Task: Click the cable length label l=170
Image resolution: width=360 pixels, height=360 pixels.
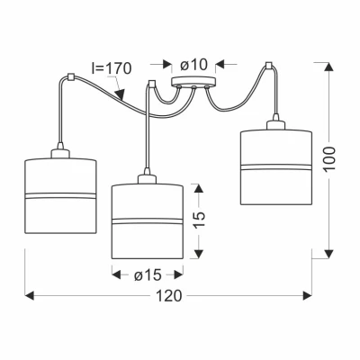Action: pyautogui.click(x=112, y=68)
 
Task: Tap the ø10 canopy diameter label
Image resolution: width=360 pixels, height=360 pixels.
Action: pyautogui.click(x=193, y=64)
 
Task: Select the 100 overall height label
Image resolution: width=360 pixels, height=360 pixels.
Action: pyautogui.click(x=329, y=159)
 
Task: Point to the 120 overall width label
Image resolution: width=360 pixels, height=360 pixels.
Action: pyautogui.click(x=169, y=296)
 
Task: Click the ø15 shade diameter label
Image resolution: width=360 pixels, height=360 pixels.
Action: pyautogui.click(x=148, y=274)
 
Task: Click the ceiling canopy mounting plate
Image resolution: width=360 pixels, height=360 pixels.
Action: pyautogui.click(x=193, y=82)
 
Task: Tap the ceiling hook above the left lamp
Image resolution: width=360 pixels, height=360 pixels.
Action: pyautogui.click(x=71, y=76)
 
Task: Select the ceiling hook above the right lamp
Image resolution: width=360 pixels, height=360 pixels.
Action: pyautogui.click(x=268, y=66)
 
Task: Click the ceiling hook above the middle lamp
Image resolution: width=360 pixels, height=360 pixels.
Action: pyautogui.click(x=152, y=83)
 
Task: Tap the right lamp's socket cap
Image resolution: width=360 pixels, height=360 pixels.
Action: pyautogui.click(x=275, y=124)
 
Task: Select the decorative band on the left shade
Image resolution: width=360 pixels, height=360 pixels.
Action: pyautogui.click(x=60, y=196)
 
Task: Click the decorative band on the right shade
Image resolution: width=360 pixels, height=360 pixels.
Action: pyautogui.click(x=276, y=167)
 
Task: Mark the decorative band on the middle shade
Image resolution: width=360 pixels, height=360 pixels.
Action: pyautogui.click(x=148, y=221)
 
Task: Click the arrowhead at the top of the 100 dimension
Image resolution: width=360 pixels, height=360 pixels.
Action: pyautogui.click(x=329, y=67)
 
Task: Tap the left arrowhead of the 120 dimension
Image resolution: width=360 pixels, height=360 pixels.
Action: pyautogui.click(x=30, y=296)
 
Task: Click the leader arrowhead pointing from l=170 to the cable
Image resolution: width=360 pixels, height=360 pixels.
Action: pyautogui.click(x=121, y=94)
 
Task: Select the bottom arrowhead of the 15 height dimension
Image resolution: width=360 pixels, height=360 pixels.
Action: pyautogui.click(x=198, y=254)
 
